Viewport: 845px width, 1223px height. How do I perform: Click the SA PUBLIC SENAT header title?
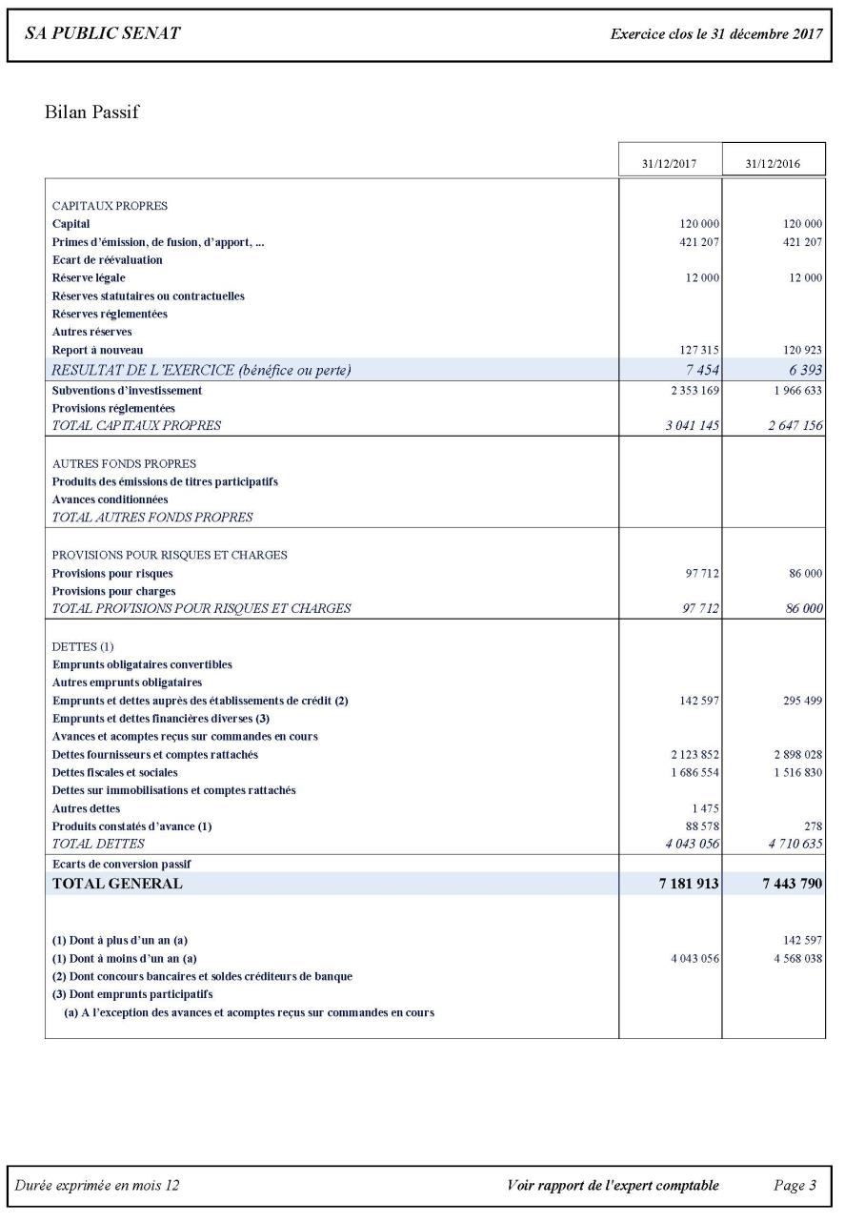[x=102, y=34]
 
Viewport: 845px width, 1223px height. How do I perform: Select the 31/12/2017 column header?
[x=670, y=164]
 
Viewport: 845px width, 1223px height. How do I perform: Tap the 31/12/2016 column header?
[x=774, y=164]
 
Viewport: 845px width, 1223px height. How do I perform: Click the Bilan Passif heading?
[x=91, y=112]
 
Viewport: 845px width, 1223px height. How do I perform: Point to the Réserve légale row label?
[x=89, y=277]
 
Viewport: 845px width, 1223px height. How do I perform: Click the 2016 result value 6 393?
[x=804, y=370]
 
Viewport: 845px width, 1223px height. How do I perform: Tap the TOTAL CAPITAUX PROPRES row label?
[x=136, y=426]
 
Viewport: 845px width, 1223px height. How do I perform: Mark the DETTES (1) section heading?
[x=83, y=646]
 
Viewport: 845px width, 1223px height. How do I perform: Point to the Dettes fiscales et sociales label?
[x=114, y=772]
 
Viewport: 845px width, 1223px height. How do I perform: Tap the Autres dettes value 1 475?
[x=706, y=808]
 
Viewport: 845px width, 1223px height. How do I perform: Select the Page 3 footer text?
[x=795, y=1186]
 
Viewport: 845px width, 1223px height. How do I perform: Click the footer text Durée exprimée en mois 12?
[x=97, y=1186]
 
